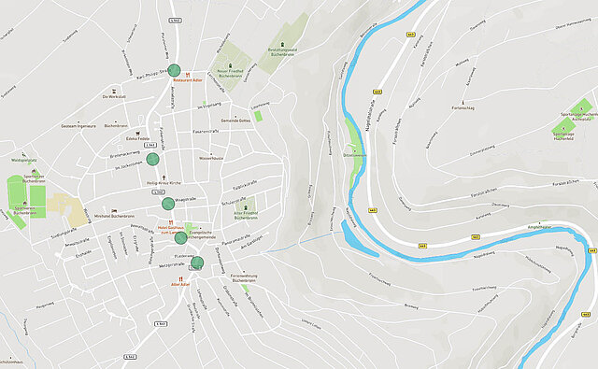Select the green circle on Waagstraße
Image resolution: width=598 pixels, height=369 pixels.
pyautogui.click(x=168, y=177)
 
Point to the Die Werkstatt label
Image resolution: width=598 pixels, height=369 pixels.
pyautogui.click(x=115, y=97)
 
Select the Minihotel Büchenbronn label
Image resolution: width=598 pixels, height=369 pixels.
pyautogui.click(x=109, y=215)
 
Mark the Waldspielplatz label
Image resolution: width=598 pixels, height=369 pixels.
pyautogui.click(x=22, y=161)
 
